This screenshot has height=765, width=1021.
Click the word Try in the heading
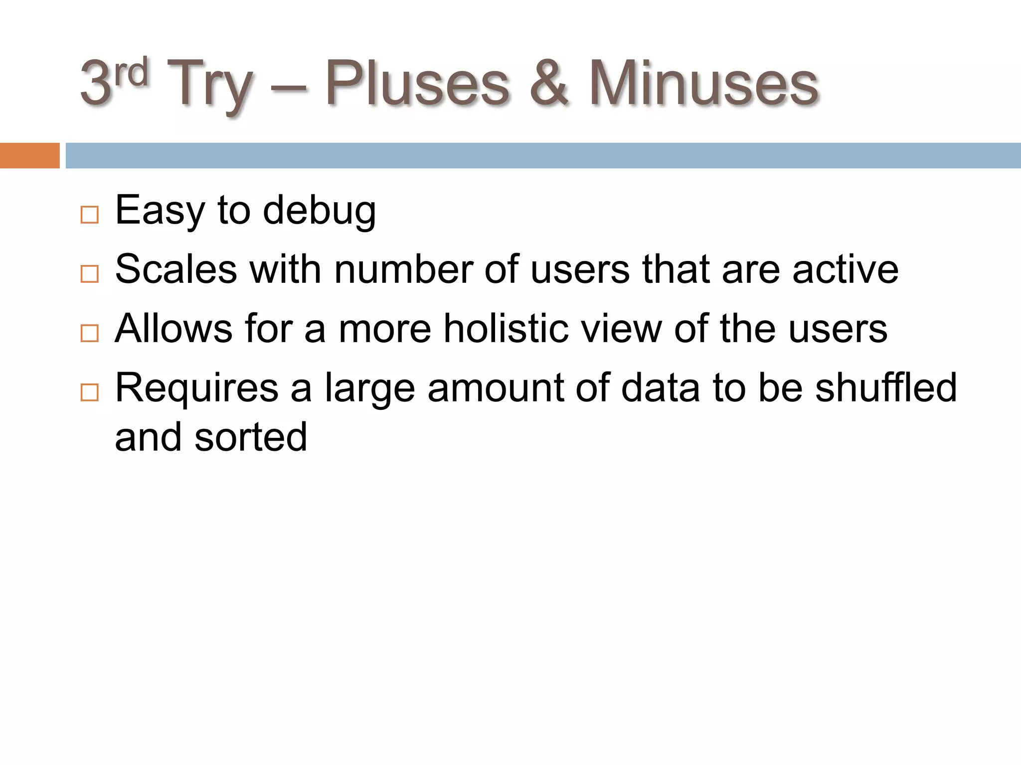(x=209, y=85)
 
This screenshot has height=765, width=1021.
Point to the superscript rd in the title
(x=131, y=73)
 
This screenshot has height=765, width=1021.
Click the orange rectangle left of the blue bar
(x=29, y=155)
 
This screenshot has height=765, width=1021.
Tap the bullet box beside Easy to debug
(x=90, y=215)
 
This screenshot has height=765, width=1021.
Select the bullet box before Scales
(x=90, y=274)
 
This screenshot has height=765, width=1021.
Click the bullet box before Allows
(x=90, y=333)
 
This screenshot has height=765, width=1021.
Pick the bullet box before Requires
(x=90, y=392)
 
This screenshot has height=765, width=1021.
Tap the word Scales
(x=176, y=269)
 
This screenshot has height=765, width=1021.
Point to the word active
(x=846, y=269)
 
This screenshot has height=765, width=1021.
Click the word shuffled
(x=886, y=388)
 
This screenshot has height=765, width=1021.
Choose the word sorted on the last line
(x=251, y=437)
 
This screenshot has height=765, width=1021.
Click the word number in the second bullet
(x=403, y=269)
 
